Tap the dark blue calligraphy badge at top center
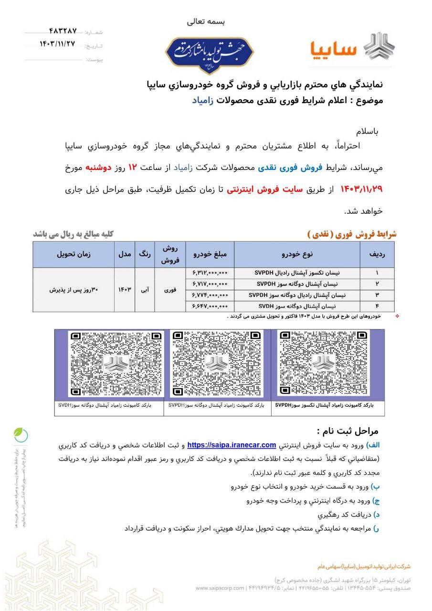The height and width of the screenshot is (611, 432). [x=210, y=53]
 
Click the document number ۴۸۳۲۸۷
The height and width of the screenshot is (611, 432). [x=63, y=32]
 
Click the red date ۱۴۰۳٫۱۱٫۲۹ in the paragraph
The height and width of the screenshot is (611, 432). [x=361, y=189]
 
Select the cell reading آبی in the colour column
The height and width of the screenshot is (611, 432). [x=145, y=289]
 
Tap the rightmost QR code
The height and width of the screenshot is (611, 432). [x=323, y=364]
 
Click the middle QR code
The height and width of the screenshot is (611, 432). [x=217, y=364]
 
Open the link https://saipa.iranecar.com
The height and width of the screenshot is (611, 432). [x=232, y=445]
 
